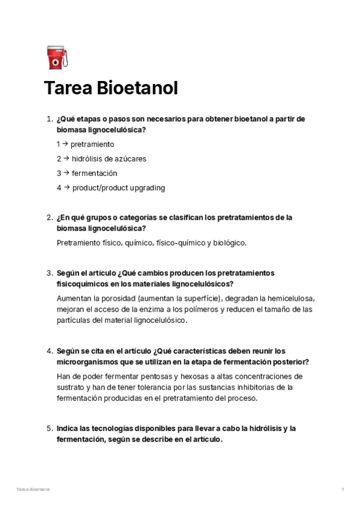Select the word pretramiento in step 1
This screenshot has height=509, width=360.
92,145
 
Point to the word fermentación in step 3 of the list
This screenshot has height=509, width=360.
94,173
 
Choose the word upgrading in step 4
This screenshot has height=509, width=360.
144,188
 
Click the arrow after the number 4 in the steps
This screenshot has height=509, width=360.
67,188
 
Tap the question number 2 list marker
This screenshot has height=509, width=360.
49,218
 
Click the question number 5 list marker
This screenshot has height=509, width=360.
49,429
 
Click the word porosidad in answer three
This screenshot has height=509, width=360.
118,298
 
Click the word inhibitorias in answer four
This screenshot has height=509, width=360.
263,387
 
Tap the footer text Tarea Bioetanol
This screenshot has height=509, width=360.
34,490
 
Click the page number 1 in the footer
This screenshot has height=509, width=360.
343,490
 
